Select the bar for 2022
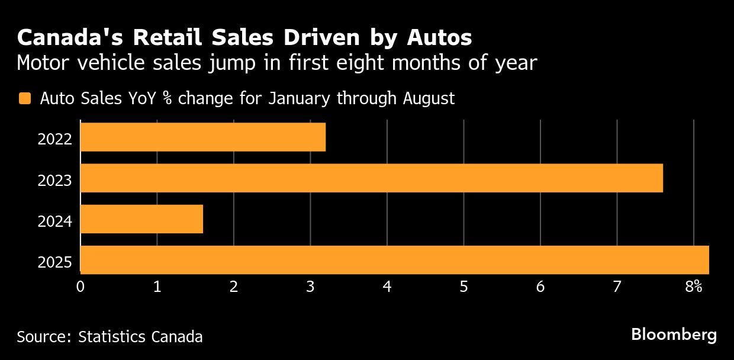pyautogui.click(x=202, y=137)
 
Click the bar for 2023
pyautogui.click(x=371, y=178)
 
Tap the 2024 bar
pyautogui.click(x=141, y=219)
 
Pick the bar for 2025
pyautogui.click(x=394, y=260)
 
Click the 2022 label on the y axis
pyautogui.click(x=54, y=140)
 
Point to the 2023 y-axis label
pyautogui.click(x=54, y=181)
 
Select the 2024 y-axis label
pyautogui.click(x=54, y=221)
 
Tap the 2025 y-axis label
pyautogui.click(x=54, y=262)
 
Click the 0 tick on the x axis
pyautogui.click(x=81, y=287)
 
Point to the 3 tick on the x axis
pyautogui.click(x=310, y=287)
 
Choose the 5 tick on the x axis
pyautogui.click(x=463, y=287)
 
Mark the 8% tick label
pyautogui.click(x=694, y=287)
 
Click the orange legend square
pyautogui.click(x=24, y=99)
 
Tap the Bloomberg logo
pyautogui.click(x=674, y=335)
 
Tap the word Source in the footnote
pyautogui.click(x=43, y=337)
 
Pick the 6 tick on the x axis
pyautogui.click(x=540, y=287)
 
